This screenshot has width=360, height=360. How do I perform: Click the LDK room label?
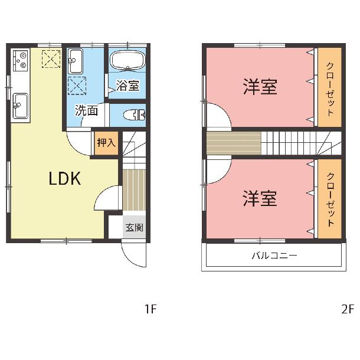[x=65, y=178]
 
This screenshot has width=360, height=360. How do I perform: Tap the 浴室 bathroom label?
[x=127, y=85]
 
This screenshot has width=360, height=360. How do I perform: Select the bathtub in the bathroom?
[x=127, y=60]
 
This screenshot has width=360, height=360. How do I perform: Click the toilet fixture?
[x=135, y=115]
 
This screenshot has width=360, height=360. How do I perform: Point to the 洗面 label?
[x=87, y=110]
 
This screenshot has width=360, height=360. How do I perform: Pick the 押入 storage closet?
[x=106, y=143]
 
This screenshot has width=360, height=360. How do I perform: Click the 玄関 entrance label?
[x=135, y=228]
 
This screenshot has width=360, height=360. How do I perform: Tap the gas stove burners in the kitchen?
[x=21, y=61]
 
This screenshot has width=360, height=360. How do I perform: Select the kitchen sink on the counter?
[x=21, y=106]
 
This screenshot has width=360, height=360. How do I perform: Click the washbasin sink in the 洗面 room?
[x=76, y=61]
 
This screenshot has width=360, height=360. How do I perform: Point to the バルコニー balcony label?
[x=274, y=256]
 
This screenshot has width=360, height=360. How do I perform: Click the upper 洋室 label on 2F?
[x=260, y=87]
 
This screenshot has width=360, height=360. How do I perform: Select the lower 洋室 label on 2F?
[x=260, y=198]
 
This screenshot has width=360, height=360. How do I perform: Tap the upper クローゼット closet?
[x=330, y=87]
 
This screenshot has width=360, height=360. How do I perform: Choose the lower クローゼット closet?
[x=330, y=199]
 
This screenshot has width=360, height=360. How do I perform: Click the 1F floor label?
[x=150, y=309]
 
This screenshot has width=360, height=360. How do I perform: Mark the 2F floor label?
[x=348, y=309]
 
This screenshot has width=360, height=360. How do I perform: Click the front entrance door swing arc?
[x=129, y=258]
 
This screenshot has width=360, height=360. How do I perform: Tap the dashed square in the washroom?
[x=77, y=86]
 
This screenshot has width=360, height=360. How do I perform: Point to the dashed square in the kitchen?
[x=51, y=59]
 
